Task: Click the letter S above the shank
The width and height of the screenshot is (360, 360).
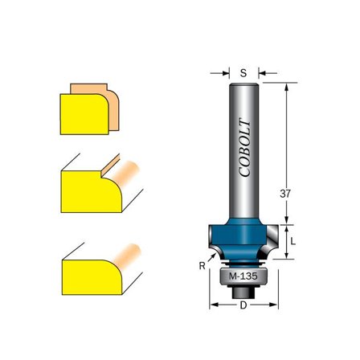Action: (243, 72)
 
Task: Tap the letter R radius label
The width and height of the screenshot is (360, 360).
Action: (202, 264)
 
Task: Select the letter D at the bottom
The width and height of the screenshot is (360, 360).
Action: (243, 305)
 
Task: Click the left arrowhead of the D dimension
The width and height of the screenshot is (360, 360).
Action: (213, 305)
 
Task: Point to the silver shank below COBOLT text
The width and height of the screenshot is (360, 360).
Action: (243, 201)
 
